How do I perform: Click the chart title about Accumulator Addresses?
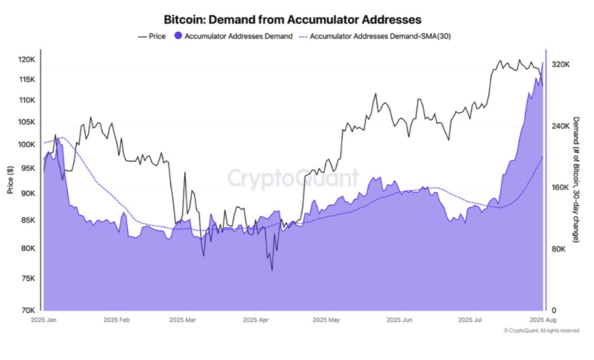[292, 20]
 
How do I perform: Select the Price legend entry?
[151, 37]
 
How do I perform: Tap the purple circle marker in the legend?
[178, 37]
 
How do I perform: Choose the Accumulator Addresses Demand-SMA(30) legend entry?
[374, 37]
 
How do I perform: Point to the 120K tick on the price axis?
[26, 60]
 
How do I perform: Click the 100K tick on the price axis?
[26, 145]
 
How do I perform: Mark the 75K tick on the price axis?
[28, 278]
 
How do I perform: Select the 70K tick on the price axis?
[28, 310]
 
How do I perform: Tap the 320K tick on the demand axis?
[560, 65]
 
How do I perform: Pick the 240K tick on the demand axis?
[560, 126]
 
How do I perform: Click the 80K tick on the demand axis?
[559, 249]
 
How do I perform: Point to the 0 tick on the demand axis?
[553, 310]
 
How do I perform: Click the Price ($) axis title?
[10, 180]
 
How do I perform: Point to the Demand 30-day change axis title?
[576, 180]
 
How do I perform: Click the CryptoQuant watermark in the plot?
[292, 178]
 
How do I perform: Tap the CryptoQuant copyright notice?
[541, 331]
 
